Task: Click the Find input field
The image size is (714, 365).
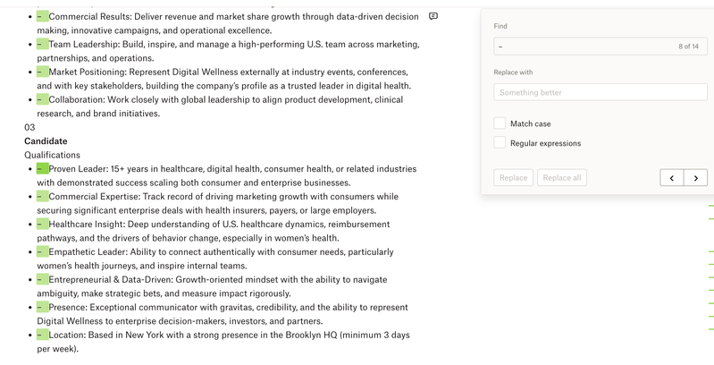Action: pyautogui.click(x=581, y=47)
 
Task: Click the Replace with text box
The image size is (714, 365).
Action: pyautogui.click(x=600, y=92)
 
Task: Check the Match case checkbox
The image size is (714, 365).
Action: pyautogui.click(x=500, y=123)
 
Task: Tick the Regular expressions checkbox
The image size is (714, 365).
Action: pyautogui.click(x=500, y=143)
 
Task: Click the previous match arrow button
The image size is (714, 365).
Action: pyautogui.click(x=672, y=178)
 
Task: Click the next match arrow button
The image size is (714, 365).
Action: pyautogui.click(x=696, y=178)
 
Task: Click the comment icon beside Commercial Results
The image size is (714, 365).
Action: pyautogui.click(x=433, y=16)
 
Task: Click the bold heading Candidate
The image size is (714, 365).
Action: pyautogui.click(x=46, y=141)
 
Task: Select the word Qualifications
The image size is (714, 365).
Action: pyautogui.click(x=52, y=155)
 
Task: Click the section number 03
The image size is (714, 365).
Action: pyautogui.click(x=29, y=127)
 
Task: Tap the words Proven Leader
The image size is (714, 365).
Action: pyautogui.click(x=77, y=168)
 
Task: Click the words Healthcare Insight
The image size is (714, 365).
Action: pyautogui.click(x=87, y=224)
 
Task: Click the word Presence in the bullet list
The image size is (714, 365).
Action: pyautogui.click(x=67, y=307)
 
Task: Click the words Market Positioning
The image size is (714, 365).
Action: pyautogui.click(x=87, y=72)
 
